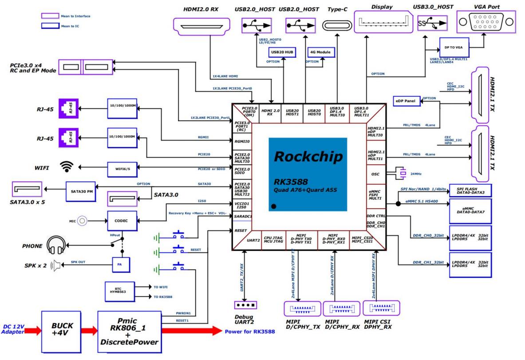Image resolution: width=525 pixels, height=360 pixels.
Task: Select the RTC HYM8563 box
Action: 118,290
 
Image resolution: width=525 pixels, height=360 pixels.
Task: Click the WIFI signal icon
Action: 67,167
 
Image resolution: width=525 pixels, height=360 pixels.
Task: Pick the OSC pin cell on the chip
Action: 375,174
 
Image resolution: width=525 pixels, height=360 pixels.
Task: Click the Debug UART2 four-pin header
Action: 245,305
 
